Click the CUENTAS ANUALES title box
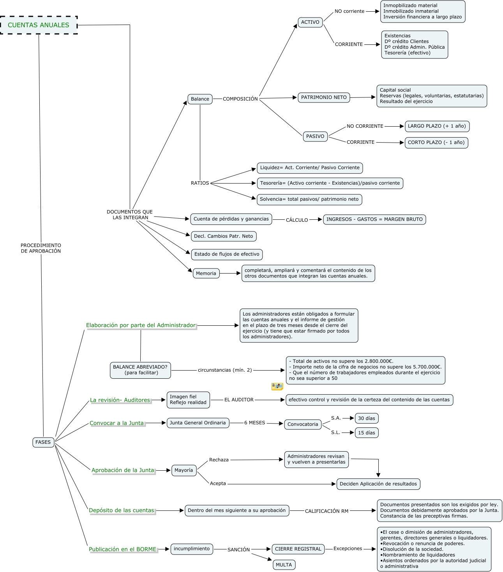click(x=39, y=25)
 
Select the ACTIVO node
click(x=310, y=22)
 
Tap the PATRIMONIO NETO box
click(x=324, y=97)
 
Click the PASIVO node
click(x=315, y=136)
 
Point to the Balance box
click(x=200, y=99)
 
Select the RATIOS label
click(x=200, y=183)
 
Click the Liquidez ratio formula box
click(x=310, y=168)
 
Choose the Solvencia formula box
click(x=309, y=199)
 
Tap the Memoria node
click(x=206, y=274)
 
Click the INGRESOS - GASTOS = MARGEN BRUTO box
click(x=374, y=219)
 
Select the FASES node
click(x=43, y=442)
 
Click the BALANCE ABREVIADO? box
click(x=140, y=370)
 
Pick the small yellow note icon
click(x=277, y=387)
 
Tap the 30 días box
click(x=367, y=418)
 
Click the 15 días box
click(x=367, y=433)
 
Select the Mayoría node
click(x=184, y=470)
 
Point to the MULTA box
click(x=284, y=565)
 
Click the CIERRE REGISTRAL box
click(x=298, y=549)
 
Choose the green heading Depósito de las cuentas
click(x=122, y=510)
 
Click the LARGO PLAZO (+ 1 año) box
click(x=437, y=126)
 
